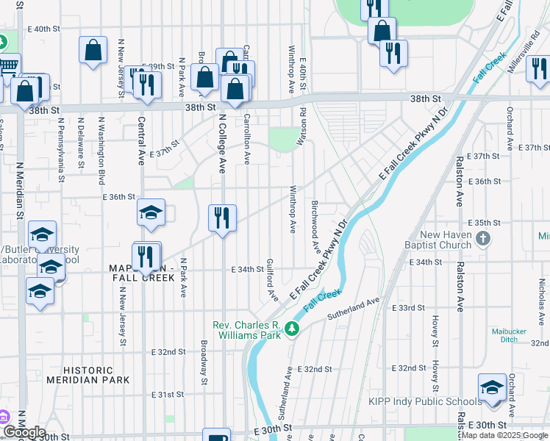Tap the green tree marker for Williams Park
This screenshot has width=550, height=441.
point(293,328)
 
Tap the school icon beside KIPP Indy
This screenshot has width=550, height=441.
point(492,387)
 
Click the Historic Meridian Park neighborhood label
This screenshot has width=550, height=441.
point(87,375)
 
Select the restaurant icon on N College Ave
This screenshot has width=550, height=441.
point(221,218)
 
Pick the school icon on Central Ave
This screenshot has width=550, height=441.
point(151,212)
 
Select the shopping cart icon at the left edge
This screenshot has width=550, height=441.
point(7,66)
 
